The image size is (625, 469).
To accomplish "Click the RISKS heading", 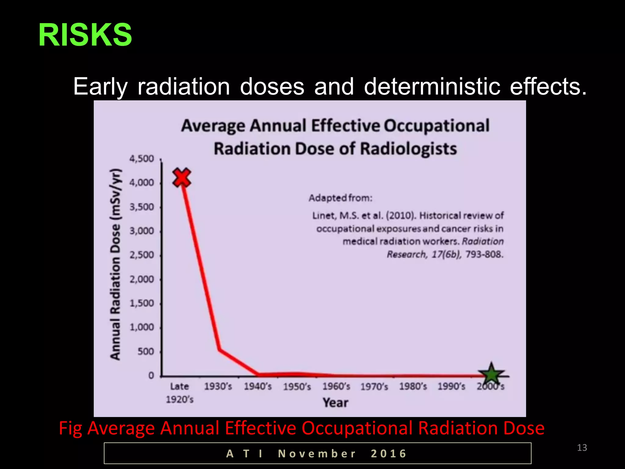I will [x=85, y=35].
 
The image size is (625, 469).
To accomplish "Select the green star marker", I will [x=491, y=374].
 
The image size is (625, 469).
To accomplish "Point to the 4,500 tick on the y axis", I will [x=142, y=159].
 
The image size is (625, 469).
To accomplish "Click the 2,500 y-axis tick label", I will [x=142, y=255].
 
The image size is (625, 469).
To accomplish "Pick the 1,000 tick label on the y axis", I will [x=142, y=327].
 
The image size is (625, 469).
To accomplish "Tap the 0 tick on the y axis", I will [x=151, y=376].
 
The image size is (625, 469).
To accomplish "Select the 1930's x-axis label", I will [x=218, y=387].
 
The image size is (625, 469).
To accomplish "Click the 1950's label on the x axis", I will [x=297, y=387].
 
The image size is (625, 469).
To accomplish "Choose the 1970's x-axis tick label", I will [x=374, y=387].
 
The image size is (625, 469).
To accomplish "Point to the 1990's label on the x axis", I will [x=451, y=387].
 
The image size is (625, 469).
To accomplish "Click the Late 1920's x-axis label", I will [x=180, y=393].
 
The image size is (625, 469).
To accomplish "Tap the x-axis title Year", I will [x=335, y=403].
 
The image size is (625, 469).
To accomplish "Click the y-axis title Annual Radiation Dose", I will [x=116, y=264].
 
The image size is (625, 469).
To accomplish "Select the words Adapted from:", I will [x=341, y=198].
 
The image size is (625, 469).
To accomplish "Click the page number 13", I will [x=582, y=448].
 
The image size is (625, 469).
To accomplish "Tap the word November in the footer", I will [x=317, y=454].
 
